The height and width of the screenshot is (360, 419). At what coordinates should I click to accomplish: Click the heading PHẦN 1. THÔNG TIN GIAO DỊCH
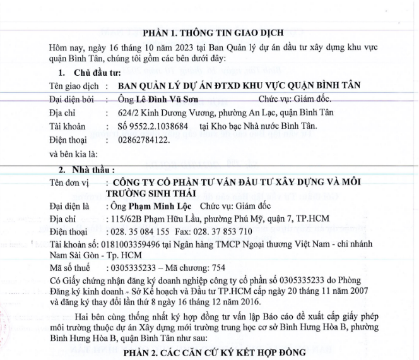click(x=213, y=32)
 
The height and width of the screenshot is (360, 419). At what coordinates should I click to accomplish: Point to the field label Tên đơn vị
click(x=69, y=182)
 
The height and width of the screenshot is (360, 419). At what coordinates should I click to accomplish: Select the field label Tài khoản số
click(x=73, y=244)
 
